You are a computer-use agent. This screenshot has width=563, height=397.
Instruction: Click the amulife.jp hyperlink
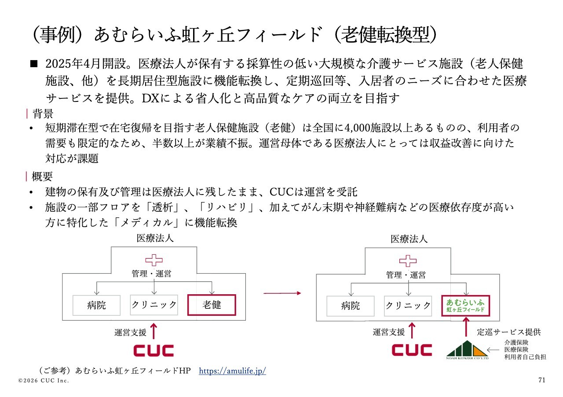click(x=232, y=371)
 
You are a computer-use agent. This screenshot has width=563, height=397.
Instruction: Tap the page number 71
click(x=541, y=380)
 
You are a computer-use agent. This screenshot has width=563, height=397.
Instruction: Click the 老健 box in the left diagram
click(x=212, y=305)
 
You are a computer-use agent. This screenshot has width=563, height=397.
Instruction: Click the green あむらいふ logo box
click(x=466, y=305)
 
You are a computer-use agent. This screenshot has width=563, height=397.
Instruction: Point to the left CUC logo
click(x=154, y=350)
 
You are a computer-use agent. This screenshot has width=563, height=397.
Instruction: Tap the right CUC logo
click(x=412, y=350)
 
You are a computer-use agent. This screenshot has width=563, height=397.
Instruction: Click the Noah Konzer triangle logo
click(x=467, y=350)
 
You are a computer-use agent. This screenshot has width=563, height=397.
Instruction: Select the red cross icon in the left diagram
click(x=154, y=260)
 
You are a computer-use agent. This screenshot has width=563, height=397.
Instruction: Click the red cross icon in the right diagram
click(x=408, y=260)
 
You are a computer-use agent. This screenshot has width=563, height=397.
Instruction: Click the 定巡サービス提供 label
click(x=508, y=332)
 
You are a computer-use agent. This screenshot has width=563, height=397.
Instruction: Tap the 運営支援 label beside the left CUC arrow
click(x=130, y=332)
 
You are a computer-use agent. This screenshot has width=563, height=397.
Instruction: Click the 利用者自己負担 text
click(x=525, y=357)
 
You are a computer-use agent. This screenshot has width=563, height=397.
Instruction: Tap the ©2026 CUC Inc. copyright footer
click(x=44, y=380)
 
